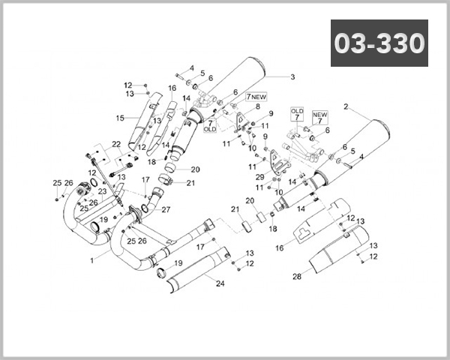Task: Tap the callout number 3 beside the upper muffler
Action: point(292,76)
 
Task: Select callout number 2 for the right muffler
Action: point(346,107)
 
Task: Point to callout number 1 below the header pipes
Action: point(92,261)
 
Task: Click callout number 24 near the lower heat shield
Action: point(220,283)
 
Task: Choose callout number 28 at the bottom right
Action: point(296,277)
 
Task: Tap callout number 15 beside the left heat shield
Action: point(119,118)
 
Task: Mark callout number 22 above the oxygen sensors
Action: point(115,144)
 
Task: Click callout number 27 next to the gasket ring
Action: point(166,209)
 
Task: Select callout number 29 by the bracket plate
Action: point(259,177)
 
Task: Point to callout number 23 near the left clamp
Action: point(102,192)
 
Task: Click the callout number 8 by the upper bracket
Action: point(257,107)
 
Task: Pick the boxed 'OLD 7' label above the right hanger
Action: point(297,115)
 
